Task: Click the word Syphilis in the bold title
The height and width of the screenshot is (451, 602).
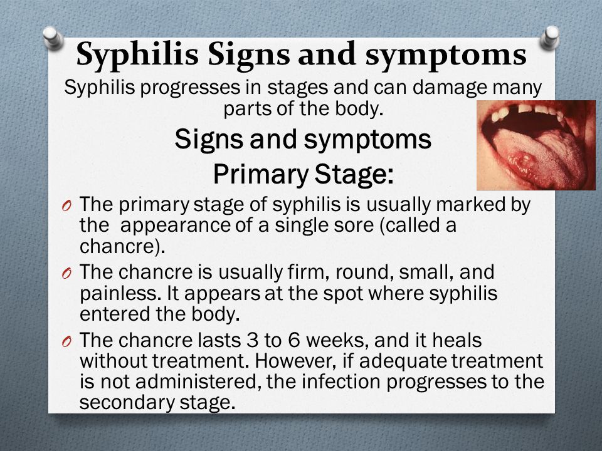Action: pos(137,54)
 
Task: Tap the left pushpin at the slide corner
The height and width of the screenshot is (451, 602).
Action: pos(53,38)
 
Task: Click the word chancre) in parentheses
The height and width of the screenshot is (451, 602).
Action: pos(122,246)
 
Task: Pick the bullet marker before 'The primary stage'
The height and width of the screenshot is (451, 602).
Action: pos(66,205)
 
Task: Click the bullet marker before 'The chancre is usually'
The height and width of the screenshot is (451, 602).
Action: pos(66,274)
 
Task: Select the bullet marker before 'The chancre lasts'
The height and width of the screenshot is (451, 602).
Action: pos(66,341)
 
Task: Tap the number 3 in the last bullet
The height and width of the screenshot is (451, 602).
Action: pos(252,340)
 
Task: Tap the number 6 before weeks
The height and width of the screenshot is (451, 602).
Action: pos(293,340)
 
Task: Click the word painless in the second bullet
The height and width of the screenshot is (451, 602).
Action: pos(120,294)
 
